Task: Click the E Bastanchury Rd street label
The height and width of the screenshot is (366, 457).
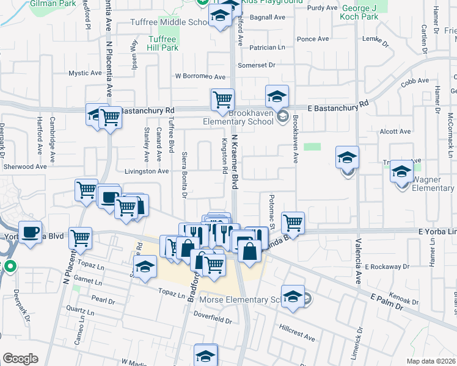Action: [x=338, y=107]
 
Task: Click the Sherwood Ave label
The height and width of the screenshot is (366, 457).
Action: [x=24, y=167]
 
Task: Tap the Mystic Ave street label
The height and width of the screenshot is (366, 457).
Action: [x=85, y=73]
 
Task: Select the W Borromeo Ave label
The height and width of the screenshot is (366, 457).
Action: [x=200, y=77]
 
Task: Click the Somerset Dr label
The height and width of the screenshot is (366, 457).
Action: [x=257, y=65]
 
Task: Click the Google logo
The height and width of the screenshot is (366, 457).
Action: [x=20, y=359]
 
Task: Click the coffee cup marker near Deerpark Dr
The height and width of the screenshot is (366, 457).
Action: [x=31, y=232]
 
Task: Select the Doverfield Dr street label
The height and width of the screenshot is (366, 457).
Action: [x=211, y=314]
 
